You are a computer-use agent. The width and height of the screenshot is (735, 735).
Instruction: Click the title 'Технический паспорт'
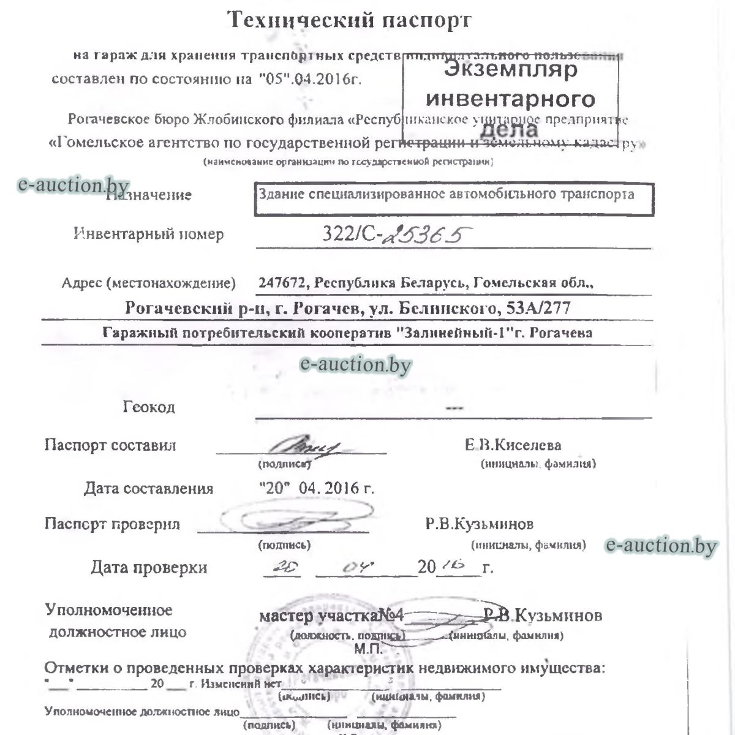(x=350, y=20)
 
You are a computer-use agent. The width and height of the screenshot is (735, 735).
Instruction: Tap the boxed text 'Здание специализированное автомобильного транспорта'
(x=447, y=195)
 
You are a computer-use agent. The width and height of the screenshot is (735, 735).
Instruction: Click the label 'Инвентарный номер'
(x=149, y=234)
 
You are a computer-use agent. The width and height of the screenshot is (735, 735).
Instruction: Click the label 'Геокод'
(x=149, y=407)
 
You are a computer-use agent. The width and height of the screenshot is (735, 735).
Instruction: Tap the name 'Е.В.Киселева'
(x=513, y=445)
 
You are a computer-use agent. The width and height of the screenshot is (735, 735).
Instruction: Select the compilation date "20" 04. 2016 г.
(x=317, y=488)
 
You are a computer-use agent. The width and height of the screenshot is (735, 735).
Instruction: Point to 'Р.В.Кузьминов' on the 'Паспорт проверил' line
(x=480, y=524)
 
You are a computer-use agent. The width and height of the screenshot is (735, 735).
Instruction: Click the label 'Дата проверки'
(x=149, y=568)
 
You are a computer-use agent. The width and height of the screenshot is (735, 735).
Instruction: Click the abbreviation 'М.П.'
(x=368, y=647)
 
